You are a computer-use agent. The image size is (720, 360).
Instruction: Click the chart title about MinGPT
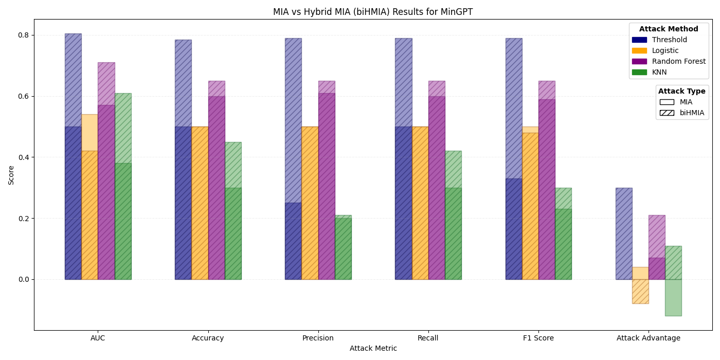(x=373, y=12)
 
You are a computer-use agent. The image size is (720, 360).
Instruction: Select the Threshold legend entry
(x=669, y=40)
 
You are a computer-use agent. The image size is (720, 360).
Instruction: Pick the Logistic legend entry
(x=665, y=51)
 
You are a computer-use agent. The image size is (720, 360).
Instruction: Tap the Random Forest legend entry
(x=678, y=62)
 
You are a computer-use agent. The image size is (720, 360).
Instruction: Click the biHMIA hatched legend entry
(x=692, y=113)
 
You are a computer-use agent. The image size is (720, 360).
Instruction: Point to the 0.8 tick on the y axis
(x=24, y=35)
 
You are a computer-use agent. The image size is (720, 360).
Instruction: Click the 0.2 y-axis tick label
(x=24, y=219)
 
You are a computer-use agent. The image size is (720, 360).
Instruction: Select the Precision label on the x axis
(x=318, y=338)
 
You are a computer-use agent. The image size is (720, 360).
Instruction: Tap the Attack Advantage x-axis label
(x=648, y=338)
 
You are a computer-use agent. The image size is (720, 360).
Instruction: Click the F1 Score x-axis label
(x=538, y=338)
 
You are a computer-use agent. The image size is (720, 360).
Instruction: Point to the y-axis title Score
(x=11, y=175)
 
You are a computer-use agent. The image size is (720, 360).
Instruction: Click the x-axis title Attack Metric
(x=373, y=349)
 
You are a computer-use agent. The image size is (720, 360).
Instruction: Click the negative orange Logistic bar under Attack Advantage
(x=640, y=291)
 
